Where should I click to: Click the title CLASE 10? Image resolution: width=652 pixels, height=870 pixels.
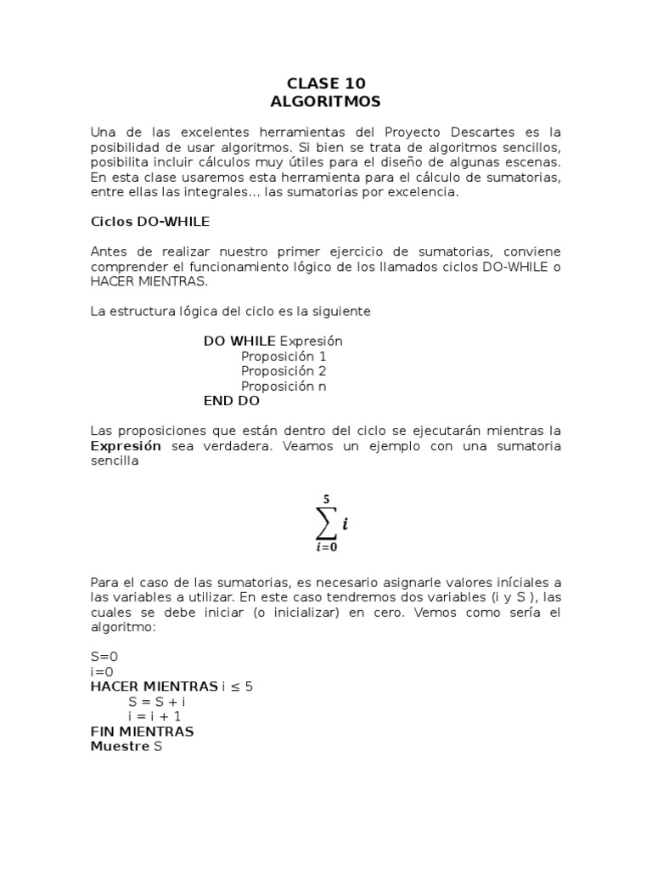(326, 83)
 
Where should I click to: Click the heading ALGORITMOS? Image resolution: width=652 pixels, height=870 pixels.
(326, 101)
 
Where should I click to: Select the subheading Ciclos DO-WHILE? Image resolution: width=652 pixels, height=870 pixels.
(150, 222)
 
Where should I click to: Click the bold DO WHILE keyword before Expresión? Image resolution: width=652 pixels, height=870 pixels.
(239, 341)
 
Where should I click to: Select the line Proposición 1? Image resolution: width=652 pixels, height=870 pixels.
(284, 356)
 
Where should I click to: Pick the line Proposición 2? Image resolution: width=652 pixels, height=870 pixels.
(284, 371)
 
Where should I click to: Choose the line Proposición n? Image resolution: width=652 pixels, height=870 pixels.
(284, 387)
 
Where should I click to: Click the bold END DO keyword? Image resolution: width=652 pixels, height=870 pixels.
(232, 401)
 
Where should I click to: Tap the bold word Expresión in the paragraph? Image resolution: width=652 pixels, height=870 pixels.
(126, 446)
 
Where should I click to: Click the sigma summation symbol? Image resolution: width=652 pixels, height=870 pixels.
(326, 525)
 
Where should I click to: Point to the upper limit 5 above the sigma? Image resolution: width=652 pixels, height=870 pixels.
(326, 500)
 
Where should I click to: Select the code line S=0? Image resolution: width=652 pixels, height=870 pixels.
(104, 657)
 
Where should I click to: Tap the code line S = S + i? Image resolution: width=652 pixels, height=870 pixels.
(157, 702)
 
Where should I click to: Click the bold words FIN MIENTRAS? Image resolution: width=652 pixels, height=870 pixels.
(143, 732)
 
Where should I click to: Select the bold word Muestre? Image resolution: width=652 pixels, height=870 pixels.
(120, 746)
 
